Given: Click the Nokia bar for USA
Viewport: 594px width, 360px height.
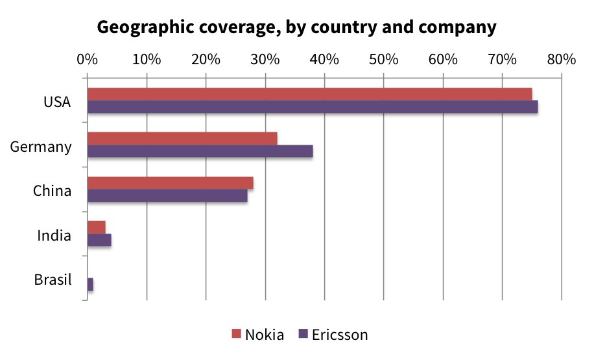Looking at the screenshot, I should (309, 94).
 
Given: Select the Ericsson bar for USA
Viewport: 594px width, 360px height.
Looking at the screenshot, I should (313, 107).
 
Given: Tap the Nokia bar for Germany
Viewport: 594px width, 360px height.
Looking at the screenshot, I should (182, 138).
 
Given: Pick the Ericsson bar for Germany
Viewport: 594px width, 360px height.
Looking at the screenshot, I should (200, 151).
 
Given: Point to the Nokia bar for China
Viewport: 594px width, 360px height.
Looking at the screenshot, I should (170, 183).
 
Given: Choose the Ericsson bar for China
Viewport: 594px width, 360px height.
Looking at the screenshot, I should (167, 195).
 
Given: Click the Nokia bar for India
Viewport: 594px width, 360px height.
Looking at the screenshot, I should (97, 227).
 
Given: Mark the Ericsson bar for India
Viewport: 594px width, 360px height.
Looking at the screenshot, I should (99, 240).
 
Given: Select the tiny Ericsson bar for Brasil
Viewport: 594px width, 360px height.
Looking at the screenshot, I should (90, 284).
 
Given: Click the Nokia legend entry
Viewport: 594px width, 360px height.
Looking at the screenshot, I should (258, 335).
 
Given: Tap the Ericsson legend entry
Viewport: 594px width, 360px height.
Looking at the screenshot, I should (333, 335).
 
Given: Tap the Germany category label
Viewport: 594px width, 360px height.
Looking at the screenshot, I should (41, 147).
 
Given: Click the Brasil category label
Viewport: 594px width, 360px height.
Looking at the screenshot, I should (53, 281).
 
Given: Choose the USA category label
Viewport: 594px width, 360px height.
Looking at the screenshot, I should (58, 102).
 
